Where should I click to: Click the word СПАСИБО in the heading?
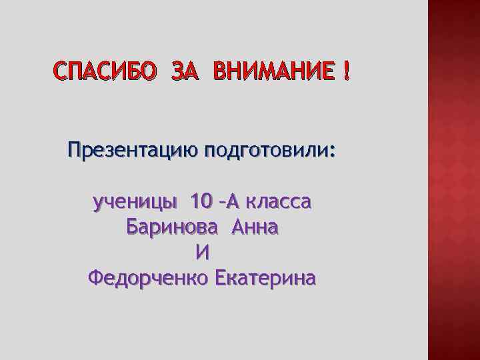[x=104, y=70]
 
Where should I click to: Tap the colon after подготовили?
[x=333, y=152]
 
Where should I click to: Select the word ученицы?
[x=136, y=201]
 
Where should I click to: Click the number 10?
[x=201, y=200]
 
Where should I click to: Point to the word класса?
[x=277, y=201]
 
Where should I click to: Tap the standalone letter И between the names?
[x=203, y=252]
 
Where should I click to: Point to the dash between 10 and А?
[x=222, y=201]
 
